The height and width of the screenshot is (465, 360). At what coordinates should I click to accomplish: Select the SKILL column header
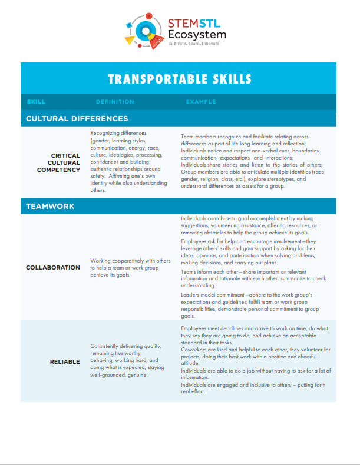(x=36, y=102)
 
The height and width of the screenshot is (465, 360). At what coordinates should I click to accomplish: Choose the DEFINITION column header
(x=115, y=102)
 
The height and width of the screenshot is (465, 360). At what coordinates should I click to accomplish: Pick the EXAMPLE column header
(x=201, y=102)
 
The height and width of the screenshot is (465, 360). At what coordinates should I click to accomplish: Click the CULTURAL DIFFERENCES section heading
(x=77, y=118)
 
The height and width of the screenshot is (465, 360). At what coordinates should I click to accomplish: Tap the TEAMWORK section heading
(x=50, y=207)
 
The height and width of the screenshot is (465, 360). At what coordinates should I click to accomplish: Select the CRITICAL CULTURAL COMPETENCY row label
(x=57, y=163)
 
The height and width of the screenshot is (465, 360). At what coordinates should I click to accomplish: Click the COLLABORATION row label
(x=53, y=267)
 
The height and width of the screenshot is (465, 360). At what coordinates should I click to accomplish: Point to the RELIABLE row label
(x=65, y=361)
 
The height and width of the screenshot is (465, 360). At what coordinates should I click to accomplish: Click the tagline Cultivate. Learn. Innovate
(x=193, y=44)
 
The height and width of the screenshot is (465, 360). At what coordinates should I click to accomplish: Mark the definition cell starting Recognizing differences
(x=128, y=162)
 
